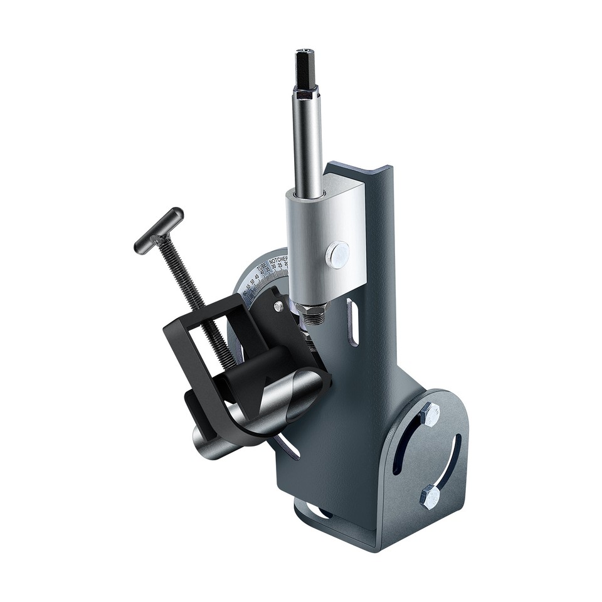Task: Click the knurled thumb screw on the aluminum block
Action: (x=338, y=253)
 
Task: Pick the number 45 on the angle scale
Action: (x=257, y=276)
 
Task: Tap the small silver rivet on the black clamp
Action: (x=278, y=306)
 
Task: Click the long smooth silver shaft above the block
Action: (x=307, y=144)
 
